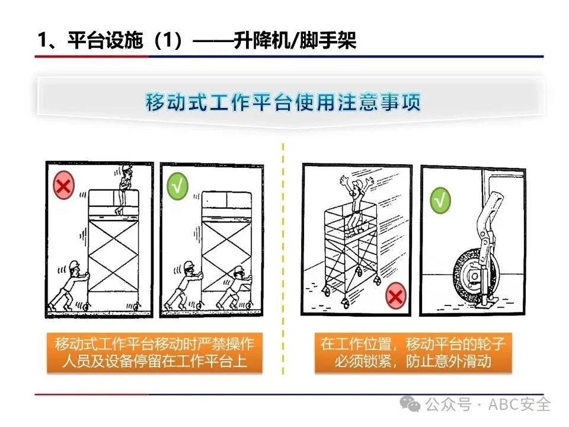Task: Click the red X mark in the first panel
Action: (64, 185)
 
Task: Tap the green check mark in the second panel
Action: (177, 186)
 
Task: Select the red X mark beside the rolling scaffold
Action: (395, 296)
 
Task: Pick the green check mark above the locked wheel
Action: (440, 200)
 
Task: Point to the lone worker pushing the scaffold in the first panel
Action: (70, 285)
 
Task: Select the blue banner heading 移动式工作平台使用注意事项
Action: (283, 102)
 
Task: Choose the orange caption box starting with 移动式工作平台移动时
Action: (154, 352)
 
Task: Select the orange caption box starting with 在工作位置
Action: (413, 352)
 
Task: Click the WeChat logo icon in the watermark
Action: (410, 404)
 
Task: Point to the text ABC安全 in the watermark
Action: (519, 404)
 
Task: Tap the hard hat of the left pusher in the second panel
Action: (189, 266)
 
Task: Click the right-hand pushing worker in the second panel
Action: (235, 289)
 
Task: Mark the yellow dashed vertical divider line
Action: (283, 259)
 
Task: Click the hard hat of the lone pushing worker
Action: (75, 265)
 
